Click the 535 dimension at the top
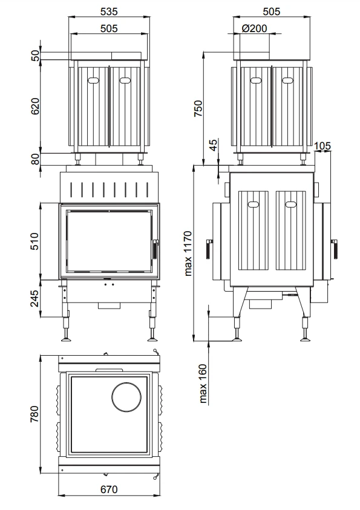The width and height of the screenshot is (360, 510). coord(109,11)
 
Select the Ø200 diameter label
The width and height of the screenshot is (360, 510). coord(254,28)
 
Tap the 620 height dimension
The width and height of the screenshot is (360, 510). coord(35,106)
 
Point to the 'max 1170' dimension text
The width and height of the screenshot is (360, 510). coord(188,253)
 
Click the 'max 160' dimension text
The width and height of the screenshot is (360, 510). coord(203,384)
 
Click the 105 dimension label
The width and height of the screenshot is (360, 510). coord(322,146)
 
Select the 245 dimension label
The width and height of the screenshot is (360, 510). coord(34,298)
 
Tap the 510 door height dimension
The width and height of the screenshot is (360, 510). coord(34,241)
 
